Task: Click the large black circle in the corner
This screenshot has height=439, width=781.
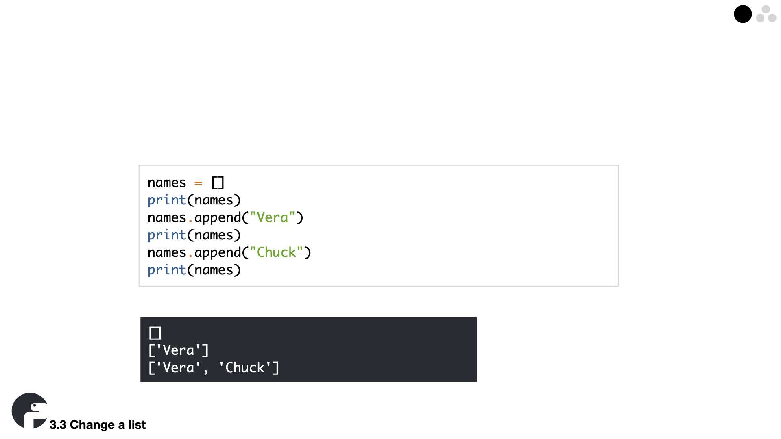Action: coord(742,14)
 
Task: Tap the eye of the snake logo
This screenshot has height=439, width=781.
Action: coord(35,406)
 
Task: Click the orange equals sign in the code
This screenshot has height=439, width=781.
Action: coord(198,183)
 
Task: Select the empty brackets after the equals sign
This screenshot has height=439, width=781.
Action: coord(218,183)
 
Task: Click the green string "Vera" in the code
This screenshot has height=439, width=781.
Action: coord(273,217)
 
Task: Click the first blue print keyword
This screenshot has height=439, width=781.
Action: coord(167,200)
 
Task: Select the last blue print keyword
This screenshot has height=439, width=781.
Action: coord(167,270)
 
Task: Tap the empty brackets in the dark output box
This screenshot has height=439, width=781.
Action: coord(155,333)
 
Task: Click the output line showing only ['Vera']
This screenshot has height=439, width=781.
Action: coord(179,350)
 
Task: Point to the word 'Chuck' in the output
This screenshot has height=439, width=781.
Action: coord(245,368)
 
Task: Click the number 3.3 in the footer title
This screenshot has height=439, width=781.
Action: coord(58,425)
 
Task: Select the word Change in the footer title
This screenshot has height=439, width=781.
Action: coord(92,425)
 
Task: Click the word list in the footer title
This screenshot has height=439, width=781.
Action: coord(137,425)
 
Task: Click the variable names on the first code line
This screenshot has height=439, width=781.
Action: coord(167,183)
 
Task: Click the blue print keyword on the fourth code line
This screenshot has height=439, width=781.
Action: coord(167,235)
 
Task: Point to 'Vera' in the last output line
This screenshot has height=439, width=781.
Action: coord(179,368)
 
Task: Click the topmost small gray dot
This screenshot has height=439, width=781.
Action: coord(766,9)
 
